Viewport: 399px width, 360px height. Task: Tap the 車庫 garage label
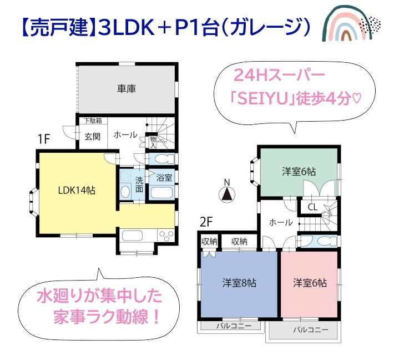tap(127, 89)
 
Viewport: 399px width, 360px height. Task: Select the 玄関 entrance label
tap(92, 137)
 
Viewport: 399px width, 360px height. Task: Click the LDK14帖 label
tap(77, 191)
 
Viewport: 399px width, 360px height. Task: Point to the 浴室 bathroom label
tap(164, 178)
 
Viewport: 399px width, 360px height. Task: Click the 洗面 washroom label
tap(140, 184)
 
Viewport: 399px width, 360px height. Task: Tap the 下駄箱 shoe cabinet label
tap(92, 121)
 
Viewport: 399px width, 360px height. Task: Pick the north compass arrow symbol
tap(226, 194)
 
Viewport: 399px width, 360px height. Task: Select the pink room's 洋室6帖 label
tap(310, 283)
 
